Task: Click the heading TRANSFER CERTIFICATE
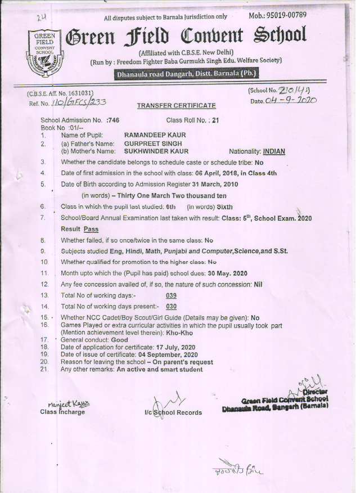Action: [176, 106]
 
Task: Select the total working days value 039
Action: [172, 295]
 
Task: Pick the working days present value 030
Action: [172, 306]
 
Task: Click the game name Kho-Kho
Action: [179, 333]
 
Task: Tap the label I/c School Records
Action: [173, 413]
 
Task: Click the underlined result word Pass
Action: [91, 229]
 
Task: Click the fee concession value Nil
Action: [258, 284]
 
